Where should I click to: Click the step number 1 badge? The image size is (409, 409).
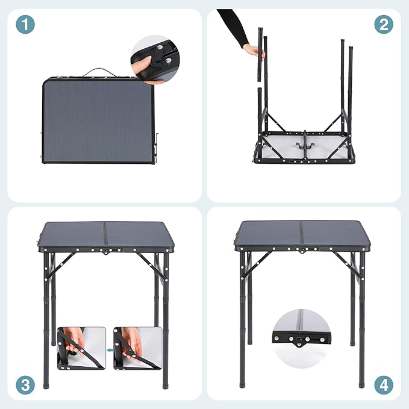click(x=25, y=25)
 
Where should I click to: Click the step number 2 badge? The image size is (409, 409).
click(x=384, y=25)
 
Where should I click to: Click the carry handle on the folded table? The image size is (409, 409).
click(x=99, y=72)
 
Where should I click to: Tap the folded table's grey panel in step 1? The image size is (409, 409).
click(x=96, y=120)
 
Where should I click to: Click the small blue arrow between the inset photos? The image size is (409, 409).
click(x=110, y=349)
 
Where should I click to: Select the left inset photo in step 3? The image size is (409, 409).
click(x=81, y=348)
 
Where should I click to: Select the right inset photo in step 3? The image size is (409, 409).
click(x=138, y=348)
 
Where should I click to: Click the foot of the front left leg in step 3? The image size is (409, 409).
click(x=46, y=383)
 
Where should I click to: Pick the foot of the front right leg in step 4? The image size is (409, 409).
click(x=362, y=382)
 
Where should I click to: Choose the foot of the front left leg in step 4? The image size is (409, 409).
click(x=243, y=383)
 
